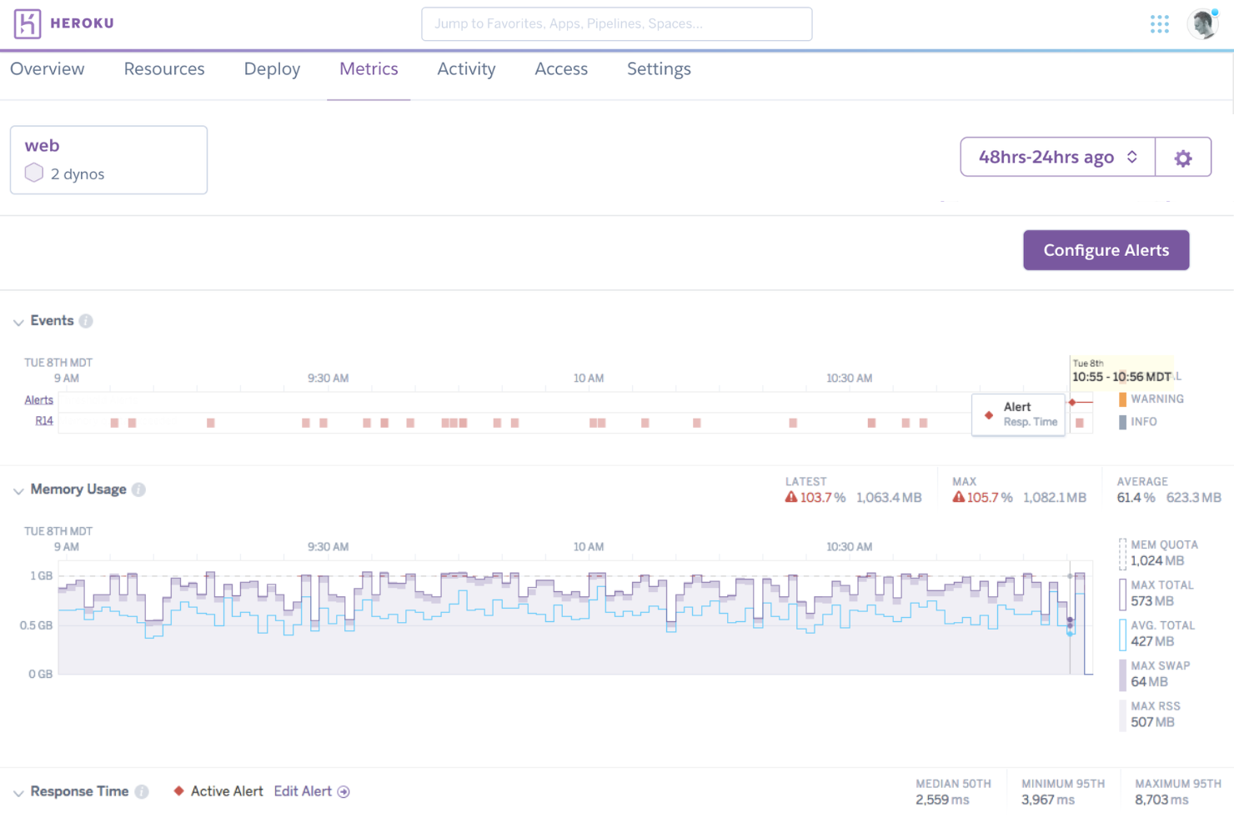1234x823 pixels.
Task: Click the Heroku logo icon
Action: point(28,24)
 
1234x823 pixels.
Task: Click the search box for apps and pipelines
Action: point(616,24)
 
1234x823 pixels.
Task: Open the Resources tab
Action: point(164,69)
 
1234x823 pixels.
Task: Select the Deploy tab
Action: point(272,69)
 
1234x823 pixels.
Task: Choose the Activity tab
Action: point(466,69)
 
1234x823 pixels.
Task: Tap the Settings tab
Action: point(659,69)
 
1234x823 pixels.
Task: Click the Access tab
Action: point(561,69)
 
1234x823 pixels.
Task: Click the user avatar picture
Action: point(1202,24)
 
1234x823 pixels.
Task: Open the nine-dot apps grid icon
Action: point(1159,24)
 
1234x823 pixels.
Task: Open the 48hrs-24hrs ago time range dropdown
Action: point(1057,157)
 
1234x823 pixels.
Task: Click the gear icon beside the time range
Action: point(1183,158)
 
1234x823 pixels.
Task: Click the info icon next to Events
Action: point(86,321)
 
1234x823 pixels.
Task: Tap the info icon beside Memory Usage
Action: point(138,489)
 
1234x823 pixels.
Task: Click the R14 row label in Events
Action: point(44,421)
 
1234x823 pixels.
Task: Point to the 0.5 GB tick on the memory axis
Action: point(37,625)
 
